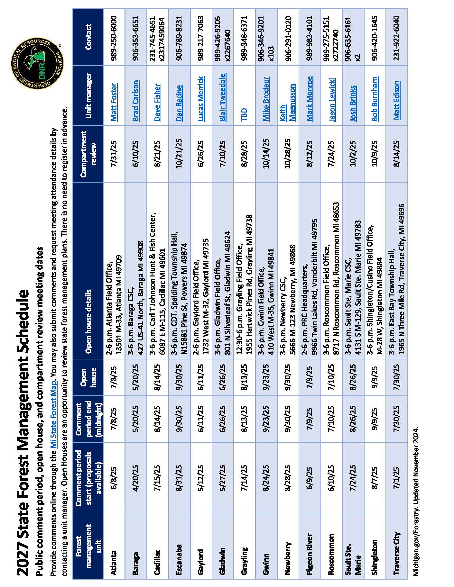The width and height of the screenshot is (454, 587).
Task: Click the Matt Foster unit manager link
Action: (x=114, y=102)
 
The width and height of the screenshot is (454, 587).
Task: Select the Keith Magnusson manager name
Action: (x=287, y=103)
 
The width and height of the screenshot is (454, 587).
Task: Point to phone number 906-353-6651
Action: (x=135, y=36)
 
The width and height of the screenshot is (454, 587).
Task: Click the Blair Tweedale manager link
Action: (x=222, y=97)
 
